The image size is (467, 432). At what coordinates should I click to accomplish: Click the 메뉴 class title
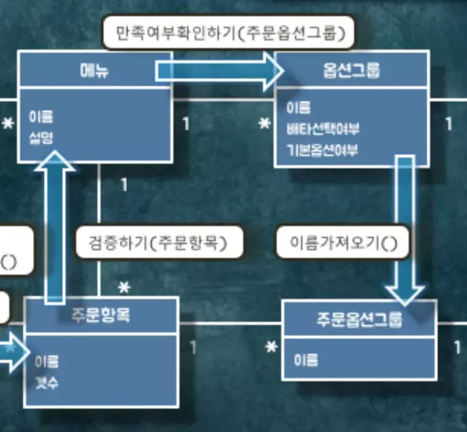[93, 70]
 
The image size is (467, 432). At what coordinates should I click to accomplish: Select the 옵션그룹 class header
[352, 70]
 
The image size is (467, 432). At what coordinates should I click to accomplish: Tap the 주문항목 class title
[101, 315]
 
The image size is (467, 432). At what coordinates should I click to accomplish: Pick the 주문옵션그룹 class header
[359, 319]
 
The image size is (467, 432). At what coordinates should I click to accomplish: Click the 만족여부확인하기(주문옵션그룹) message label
[229, 32]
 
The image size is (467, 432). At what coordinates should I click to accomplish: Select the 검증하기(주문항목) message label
[160, 242]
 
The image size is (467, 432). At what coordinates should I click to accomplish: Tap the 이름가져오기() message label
[343, 242]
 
